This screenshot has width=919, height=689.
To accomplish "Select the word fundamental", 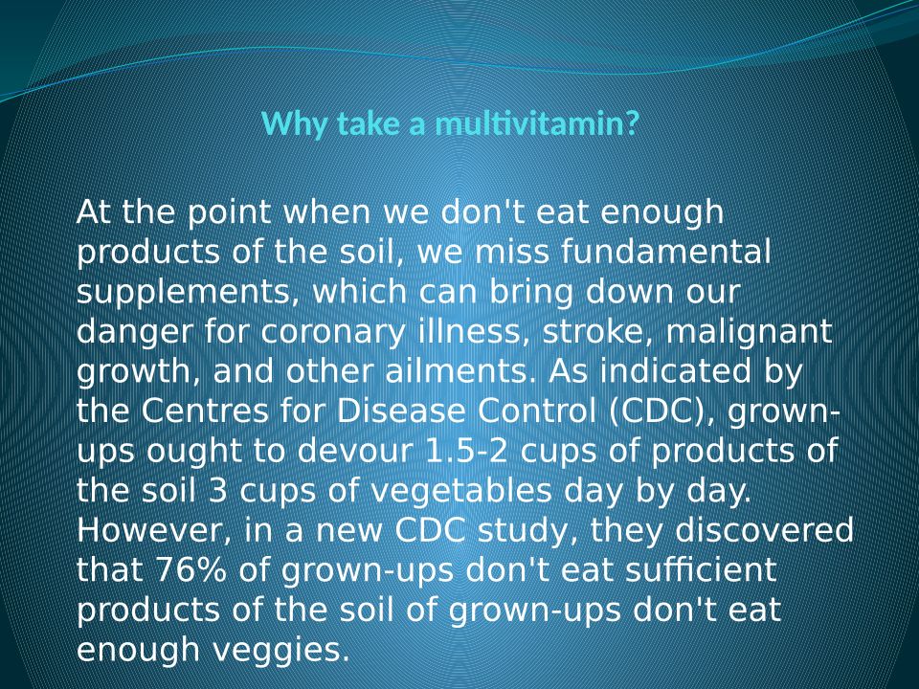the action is coord(666,252).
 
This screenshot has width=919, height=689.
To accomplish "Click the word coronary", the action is coord(333,333).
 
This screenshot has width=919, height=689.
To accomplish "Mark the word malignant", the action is coord(750,332).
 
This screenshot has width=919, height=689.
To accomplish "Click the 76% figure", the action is coord(191,570).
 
